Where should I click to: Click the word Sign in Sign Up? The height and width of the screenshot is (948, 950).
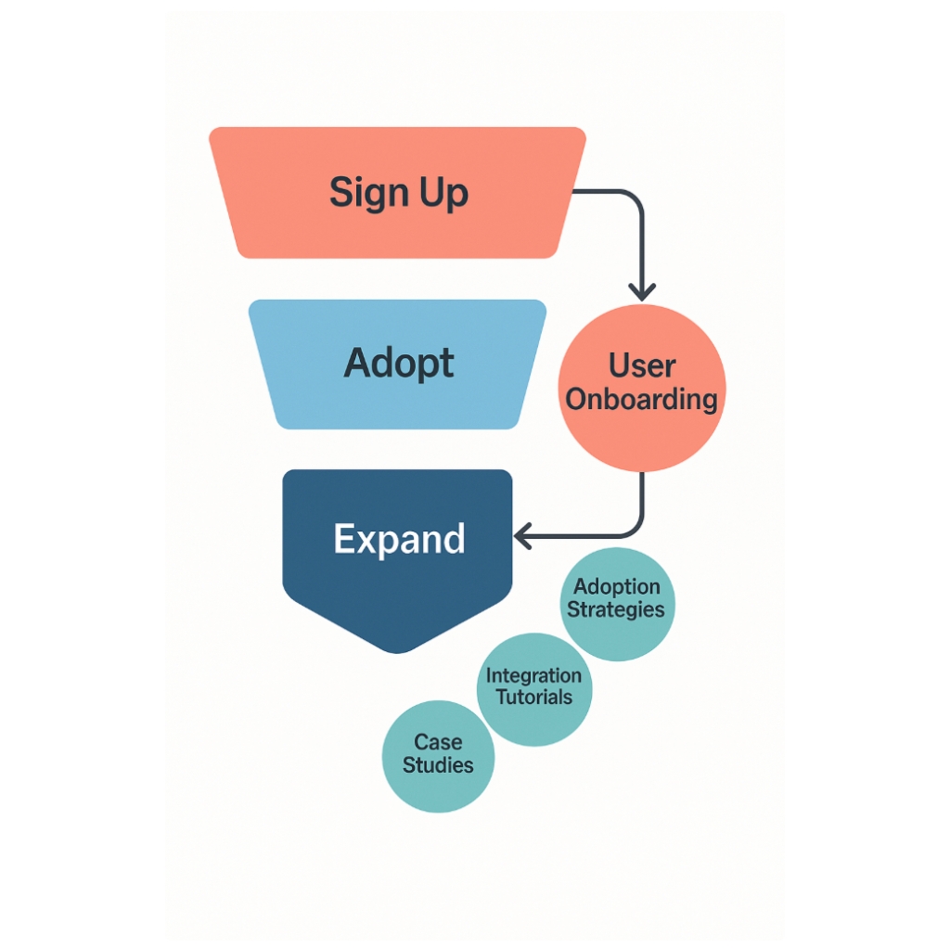coord(369,193)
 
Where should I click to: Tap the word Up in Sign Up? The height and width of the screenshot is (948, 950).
coord(444,193)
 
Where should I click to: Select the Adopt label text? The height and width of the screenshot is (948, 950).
coord(399,364)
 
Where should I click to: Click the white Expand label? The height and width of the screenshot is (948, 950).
coord(399,539)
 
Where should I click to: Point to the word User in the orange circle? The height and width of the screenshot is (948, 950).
coord(642,365)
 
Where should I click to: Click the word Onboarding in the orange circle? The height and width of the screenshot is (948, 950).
coord(642,400)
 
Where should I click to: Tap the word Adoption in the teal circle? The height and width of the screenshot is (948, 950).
coord(617,587)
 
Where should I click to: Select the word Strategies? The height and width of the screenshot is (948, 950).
coord(616,609)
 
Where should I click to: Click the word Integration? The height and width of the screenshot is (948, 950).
coord(533,675)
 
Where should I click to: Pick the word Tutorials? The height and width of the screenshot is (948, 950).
coord(534,698)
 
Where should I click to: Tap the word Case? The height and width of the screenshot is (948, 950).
coord(438,742)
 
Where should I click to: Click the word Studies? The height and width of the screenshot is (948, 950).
coord(438,765)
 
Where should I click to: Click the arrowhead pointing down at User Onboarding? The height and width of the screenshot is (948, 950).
coord(642,292)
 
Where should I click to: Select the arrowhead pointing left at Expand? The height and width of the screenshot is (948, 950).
coord(523,536)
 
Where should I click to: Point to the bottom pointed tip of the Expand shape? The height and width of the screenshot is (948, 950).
coord(397,652)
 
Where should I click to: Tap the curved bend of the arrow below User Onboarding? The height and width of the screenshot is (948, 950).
coord(635,529)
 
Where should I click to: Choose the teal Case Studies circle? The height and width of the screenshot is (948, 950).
coord(438,757)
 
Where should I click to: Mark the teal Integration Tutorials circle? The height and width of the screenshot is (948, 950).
coord(534,690)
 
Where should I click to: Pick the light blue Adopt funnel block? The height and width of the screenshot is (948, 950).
coord(397,364)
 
